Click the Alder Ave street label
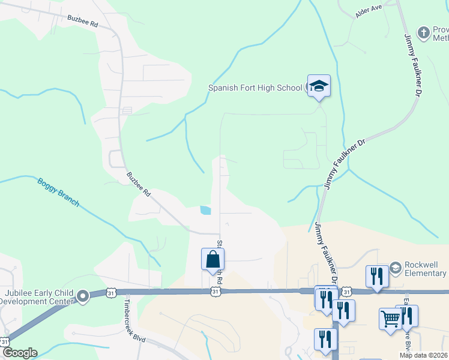click(x=369, y=11)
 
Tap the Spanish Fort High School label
click(x=255, y=88)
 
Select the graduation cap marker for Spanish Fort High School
click(x=319, y=86)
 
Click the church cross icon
click(x=424, y=32)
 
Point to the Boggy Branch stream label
click(x=58, y=192)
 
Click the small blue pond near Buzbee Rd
click(x=205, y=210)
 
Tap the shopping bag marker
click(x=212, y=260)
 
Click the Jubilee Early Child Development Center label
click(x=38, y=296)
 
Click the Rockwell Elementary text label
click(x=426, y=269)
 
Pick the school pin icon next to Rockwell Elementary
click(x=395, y=266)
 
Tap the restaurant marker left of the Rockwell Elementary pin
click(x=377, y=276)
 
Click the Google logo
click(x=20, y=353)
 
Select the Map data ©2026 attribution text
click(x=424, y=355)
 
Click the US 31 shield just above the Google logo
click(x=5, y=341)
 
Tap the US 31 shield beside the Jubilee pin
click(x=110, y=293)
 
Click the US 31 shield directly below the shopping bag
click(x=215, y=292)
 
